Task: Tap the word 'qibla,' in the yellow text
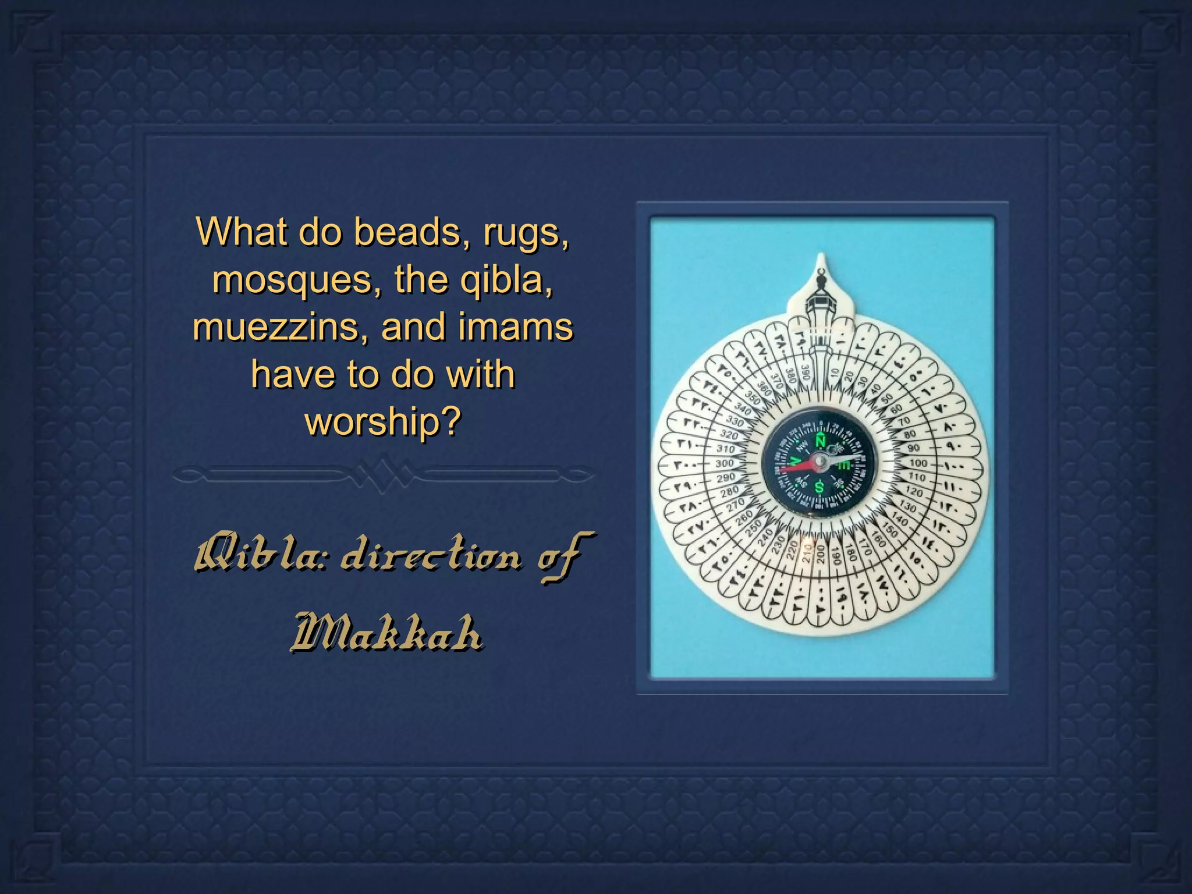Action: point(506,281)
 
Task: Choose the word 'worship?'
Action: point(383,421)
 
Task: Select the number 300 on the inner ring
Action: point(725,464)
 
